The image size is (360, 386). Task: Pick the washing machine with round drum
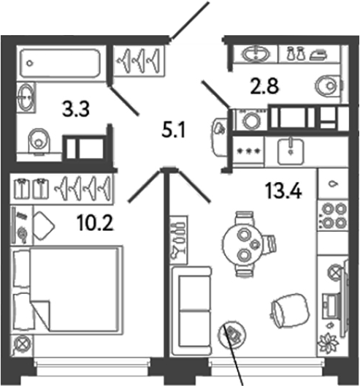pyautogui.click(x=250, y=120)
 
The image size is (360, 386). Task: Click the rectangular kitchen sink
pyautogui.click(x=294, y=150)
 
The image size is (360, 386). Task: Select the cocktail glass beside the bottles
pyautogui.click(x=176, y=253)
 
